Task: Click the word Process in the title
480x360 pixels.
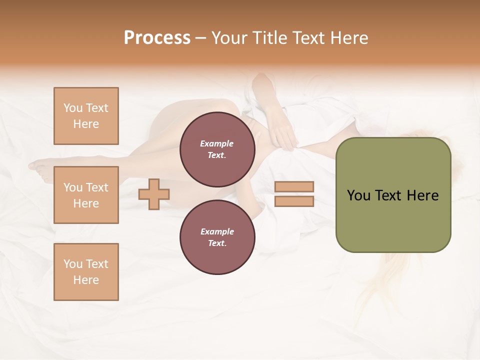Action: coord(157,38)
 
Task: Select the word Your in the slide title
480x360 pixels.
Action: coord(229,38)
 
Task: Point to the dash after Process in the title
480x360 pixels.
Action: coord(200,38)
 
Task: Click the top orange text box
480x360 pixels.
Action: coord(86,116)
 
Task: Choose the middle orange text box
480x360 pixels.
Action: coord(86,195)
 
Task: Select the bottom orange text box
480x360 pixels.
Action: coord(86,272)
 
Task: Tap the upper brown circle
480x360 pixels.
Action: coord(217,149)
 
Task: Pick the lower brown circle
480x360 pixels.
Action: coord(217,237)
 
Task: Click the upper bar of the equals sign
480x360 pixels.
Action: coord(294,187)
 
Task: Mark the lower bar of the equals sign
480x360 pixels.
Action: coord(294,201)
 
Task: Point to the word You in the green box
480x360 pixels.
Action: coord(359,195)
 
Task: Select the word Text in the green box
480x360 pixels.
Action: coord(389,195)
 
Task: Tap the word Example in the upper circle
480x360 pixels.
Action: coord(217,143)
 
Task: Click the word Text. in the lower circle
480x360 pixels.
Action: coord(217,243)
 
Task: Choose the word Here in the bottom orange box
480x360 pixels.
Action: coord(86,280)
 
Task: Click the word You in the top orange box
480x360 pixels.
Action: coord(73,108)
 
